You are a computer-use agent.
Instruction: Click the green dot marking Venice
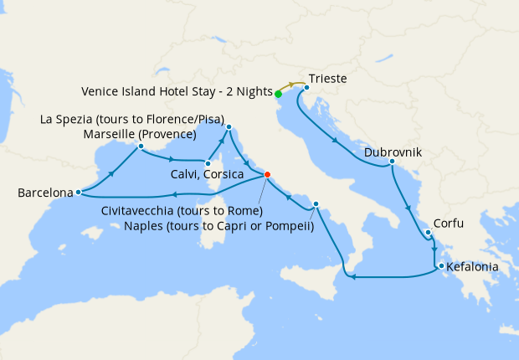(x=278, y=94)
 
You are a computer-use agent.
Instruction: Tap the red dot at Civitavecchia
(x=267, y=175)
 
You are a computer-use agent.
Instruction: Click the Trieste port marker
(x=307, y=87)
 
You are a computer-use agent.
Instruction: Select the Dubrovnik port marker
(x=392, y=162)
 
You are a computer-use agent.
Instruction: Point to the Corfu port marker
(x=427, y=233)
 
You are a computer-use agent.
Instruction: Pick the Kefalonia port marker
(x=439, y=267)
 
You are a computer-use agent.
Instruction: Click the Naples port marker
(x=316, y=204)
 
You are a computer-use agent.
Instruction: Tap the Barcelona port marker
(x=78, y=192)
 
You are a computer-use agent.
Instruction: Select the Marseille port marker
(x=141, y=147)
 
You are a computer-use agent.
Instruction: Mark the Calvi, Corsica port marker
(x=207, y=162)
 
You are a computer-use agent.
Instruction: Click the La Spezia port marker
(x=229, y=128)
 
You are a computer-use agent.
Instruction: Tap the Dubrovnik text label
(x=393, y=153)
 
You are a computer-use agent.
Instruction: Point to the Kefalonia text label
(x=472, y=268)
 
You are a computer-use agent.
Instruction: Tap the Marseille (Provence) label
(x=140, y=135)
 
